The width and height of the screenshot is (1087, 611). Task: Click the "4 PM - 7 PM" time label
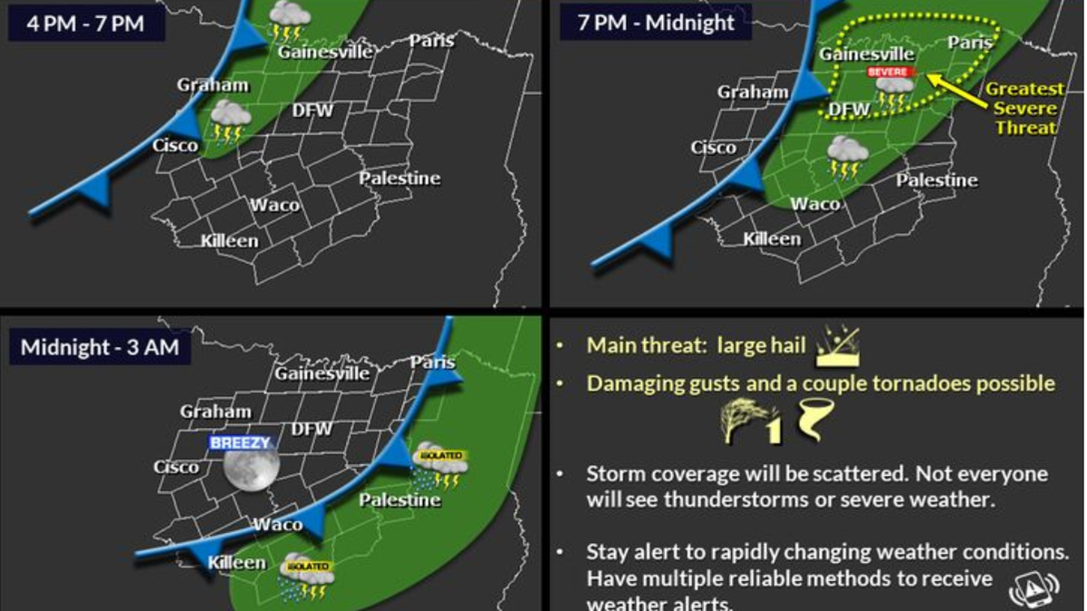point(86,23)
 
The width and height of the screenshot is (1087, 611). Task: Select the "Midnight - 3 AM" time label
point(100,346)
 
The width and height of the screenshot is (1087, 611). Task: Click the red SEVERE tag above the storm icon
point(891,72)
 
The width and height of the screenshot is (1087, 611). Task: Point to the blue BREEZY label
point(240,443)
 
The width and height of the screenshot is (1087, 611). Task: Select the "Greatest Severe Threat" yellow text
point(1024,108)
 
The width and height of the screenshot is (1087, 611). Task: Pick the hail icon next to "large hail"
point(837,347)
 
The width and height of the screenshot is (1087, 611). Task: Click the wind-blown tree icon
point(741,422)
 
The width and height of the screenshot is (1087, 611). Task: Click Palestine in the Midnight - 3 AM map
point(399,500)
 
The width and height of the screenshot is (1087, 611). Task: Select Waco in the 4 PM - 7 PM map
point(274,205)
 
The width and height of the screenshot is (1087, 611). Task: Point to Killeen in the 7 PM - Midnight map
point(772,239)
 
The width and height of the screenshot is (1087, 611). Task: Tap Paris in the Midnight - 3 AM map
point(432,363)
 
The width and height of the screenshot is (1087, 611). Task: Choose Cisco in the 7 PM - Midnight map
point(713,147)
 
